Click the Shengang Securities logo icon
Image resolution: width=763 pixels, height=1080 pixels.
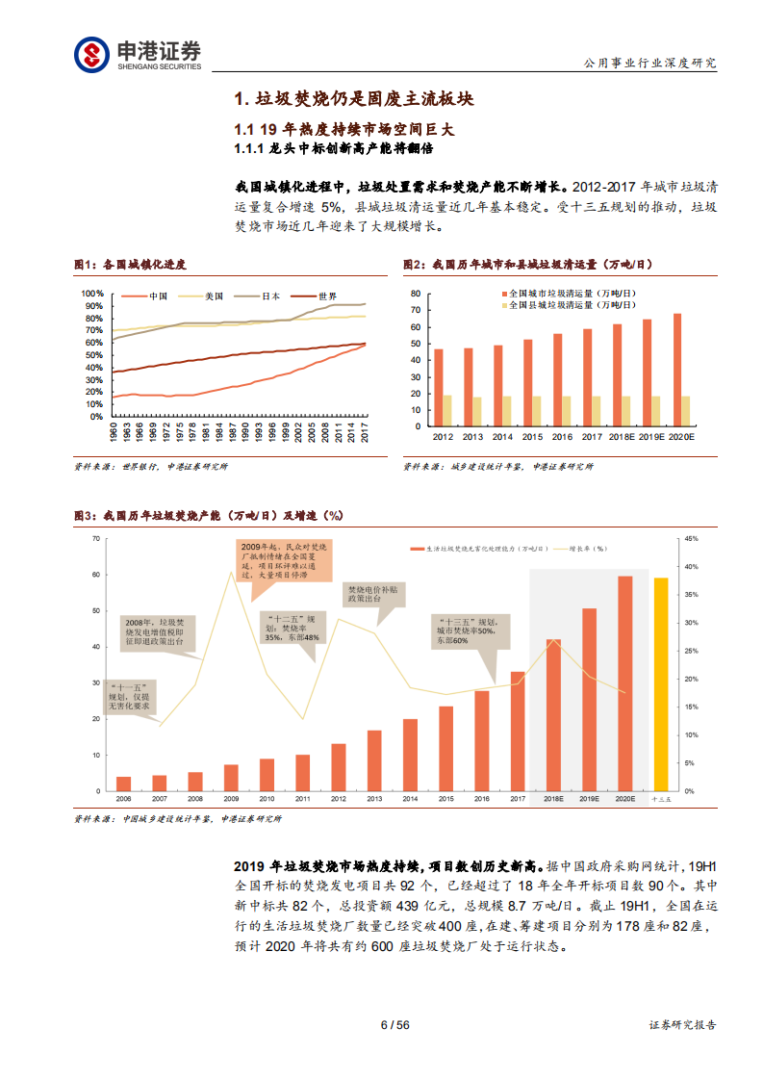click(x=92, y=53)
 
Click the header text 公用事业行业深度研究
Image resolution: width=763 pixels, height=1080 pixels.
click(x=650, y=63)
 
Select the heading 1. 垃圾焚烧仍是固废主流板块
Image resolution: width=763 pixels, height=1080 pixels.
click(x=354, y=100)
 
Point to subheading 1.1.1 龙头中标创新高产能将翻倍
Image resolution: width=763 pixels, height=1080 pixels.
click(x=334, y=149)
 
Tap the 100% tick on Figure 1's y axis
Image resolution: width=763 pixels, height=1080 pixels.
click(x=92, y=294)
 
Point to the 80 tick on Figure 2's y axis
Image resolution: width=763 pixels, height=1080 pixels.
click(x=415, y=293)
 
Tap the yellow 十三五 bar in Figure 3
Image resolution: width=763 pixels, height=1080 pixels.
click(x=660, y=683)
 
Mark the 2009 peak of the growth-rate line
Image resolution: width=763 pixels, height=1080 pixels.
click(x=231, y=572)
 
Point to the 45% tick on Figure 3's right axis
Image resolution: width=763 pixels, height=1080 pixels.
click(x=690, y=539)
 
